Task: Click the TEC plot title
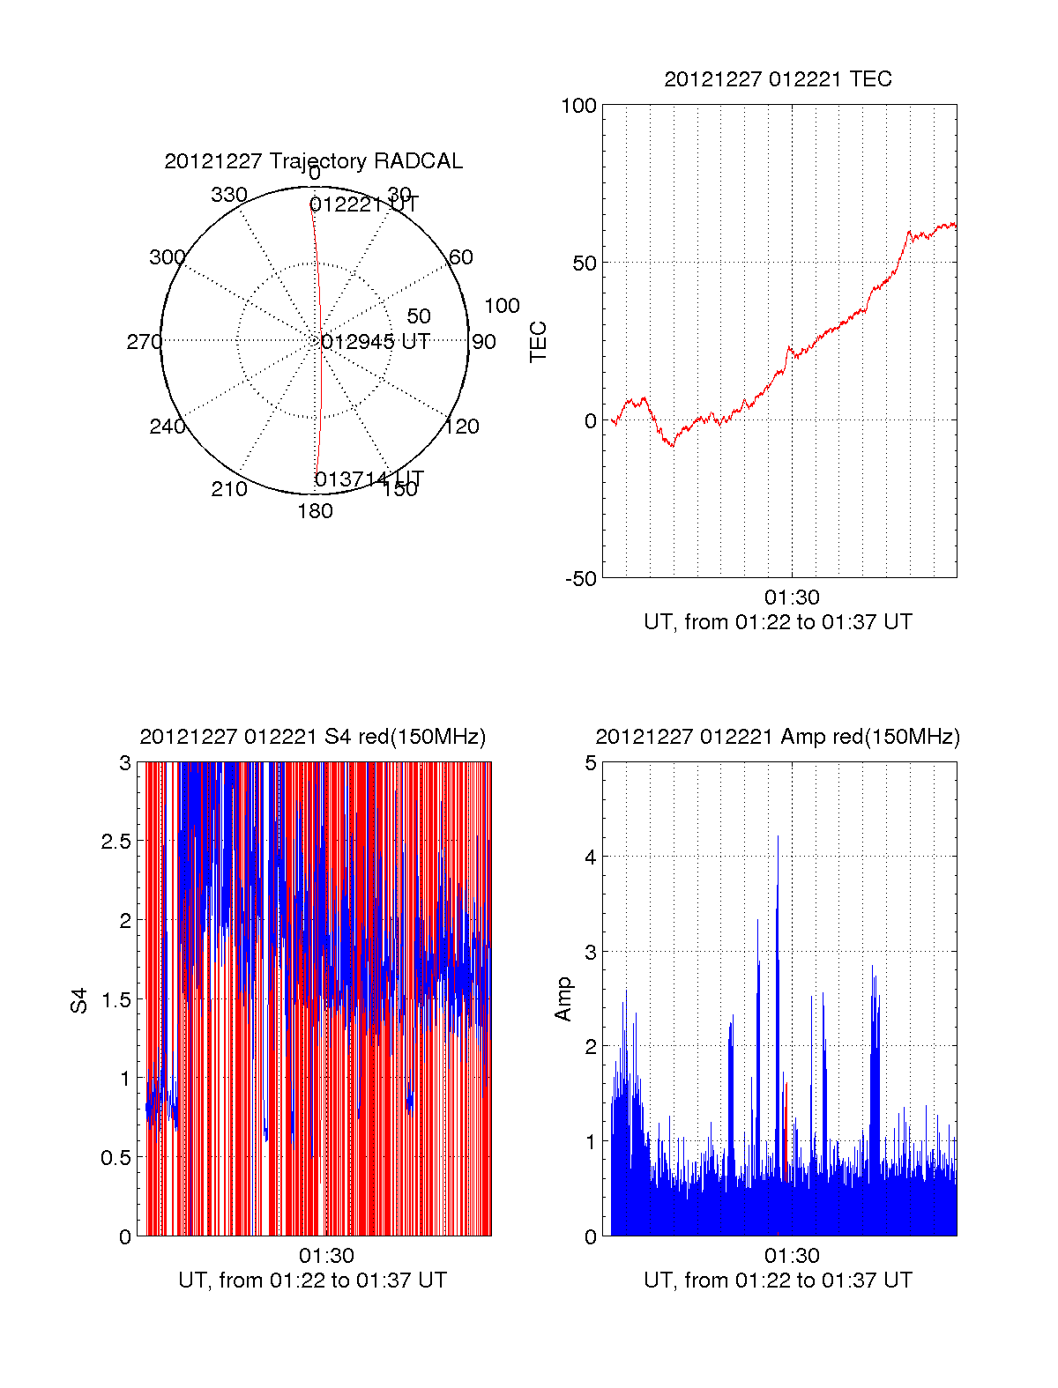(778, 79)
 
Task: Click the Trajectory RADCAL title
(313, 161)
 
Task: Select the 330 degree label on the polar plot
(229, 195)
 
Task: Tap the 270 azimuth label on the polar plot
(144, 342)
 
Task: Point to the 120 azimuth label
(462, 427)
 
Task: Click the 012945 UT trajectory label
(375, 342)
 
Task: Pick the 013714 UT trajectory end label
(369, 479)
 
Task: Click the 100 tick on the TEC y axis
(578, 106)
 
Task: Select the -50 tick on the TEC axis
(581, 579)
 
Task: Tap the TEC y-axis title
(538, 342)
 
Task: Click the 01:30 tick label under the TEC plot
(792, 598)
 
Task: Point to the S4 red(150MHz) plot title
(313, 737)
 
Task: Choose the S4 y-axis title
(79, 1000)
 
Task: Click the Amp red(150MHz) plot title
(778, 737)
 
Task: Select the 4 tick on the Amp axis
(591, 857)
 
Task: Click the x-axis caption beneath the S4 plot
(313, 1280)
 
